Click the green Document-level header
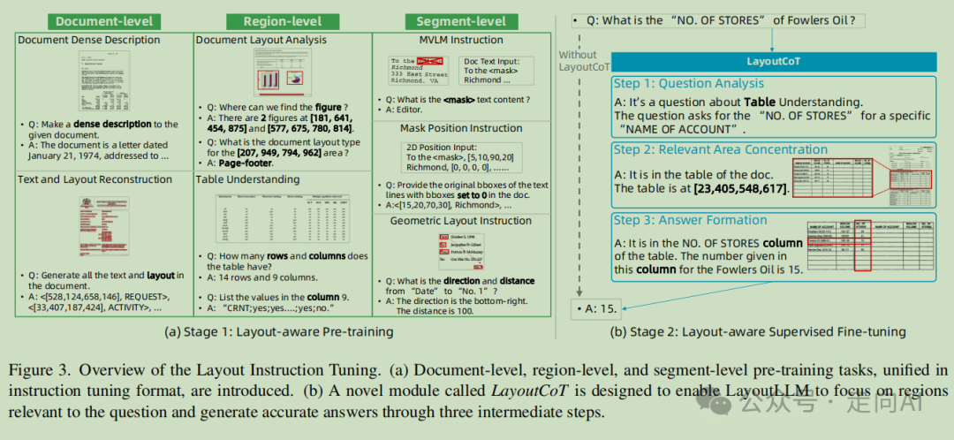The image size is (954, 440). pyautogui.click(x=104, y=20)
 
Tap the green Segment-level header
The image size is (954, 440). pyautogui.click(x=455, y=20)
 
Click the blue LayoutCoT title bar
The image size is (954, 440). pyautogui.click(x=773, y=63)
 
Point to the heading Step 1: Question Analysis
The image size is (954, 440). pyautogui.click(x=689, y=84)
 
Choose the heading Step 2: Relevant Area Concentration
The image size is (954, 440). pyautogui.click(x=720, y=149)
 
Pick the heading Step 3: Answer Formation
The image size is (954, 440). pyautogui.click(x=691, y=220)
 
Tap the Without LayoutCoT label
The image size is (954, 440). pyautogui.click(x=584, y=60)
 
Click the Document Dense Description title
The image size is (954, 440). pyautogui.click(x=89, y=40)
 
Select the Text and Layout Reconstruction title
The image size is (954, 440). pyautogui.click(x=95, y=179)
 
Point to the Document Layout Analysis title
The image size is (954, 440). pyautogui.click(x=261, y=40)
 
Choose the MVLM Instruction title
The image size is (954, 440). pyautogui.click(x=460, y=40)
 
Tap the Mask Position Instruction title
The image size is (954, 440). pyautogui.click(x=460, y=127)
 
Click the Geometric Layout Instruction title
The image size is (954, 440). pyautogui.click(x=460, y=221)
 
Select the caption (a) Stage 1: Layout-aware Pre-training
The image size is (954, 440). pyautogui.click(x=279, y=332)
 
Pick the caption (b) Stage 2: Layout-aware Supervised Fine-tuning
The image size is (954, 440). pyautogui.click(x=758, y=332)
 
